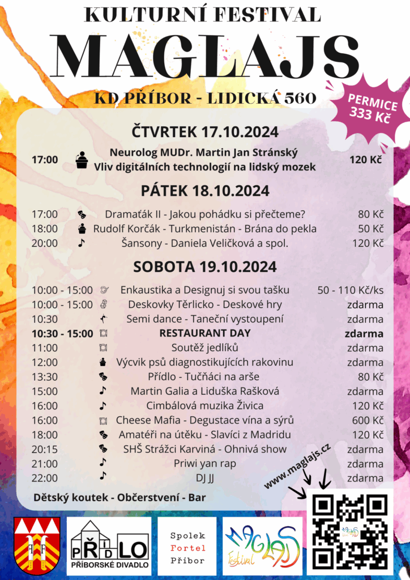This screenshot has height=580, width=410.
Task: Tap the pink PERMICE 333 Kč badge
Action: [x=373, y=109]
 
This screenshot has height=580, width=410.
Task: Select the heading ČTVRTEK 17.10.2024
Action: [x=205, y=133]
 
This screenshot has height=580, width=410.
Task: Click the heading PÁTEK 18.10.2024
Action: [x=205, y=190]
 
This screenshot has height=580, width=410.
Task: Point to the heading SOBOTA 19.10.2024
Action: [x=205, y=266]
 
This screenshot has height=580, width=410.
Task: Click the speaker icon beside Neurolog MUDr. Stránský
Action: [x=82, y=160]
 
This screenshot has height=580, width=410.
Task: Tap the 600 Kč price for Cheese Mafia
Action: [x=365, y=420]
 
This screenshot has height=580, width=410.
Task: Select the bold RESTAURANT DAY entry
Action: [x=205, y=333]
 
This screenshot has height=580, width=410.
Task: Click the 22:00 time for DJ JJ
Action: [x=45, y=478]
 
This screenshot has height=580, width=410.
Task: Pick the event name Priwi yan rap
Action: [x=205, y=463]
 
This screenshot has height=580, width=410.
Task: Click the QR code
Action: [x=351, y=532]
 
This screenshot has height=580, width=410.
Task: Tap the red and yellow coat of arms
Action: [x=37, y=544]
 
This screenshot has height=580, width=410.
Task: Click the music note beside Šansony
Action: [x=82, y=243]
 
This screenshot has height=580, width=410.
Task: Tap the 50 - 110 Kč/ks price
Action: [x=351, y=290]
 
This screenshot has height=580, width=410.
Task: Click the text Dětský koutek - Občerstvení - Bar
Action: [x=119, y=498]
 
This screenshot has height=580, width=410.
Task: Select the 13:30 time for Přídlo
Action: [x=45, y=377]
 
